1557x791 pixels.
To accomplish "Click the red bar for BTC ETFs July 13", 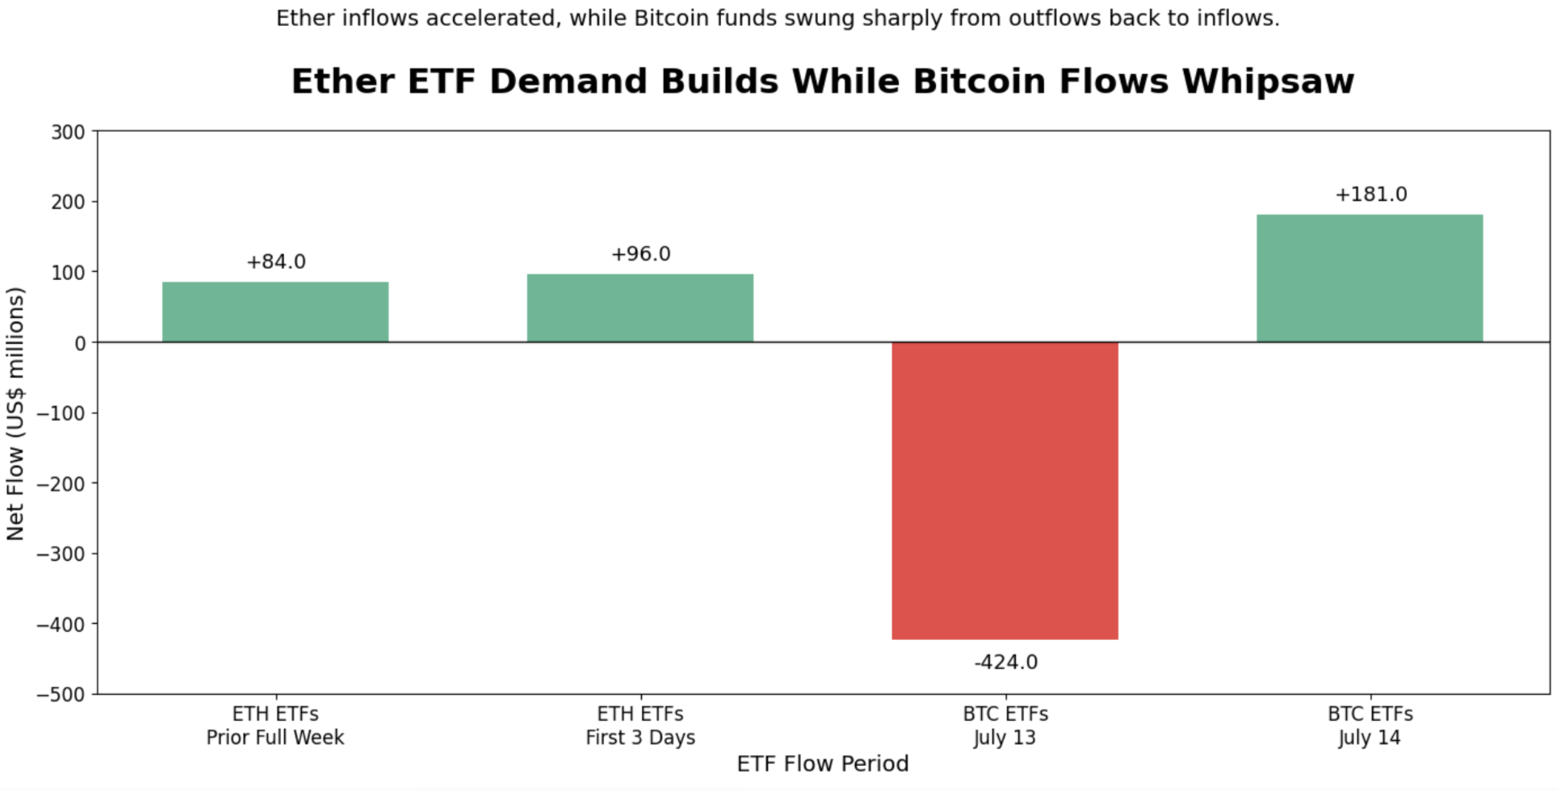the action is click(x=1005, y=491).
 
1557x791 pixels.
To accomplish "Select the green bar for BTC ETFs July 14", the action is click(x=1370, y=278).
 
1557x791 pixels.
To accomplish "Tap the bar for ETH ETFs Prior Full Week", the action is click(x=275, y=312).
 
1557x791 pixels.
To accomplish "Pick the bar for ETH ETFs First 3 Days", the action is click(x=640, y=308).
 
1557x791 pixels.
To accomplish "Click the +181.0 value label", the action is click(x=1370, y=195).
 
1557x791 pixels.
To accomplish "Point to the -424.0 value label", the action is click(x=1005, y=663).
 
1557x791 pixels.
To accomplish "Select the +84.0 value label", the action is click(x=276, y=262).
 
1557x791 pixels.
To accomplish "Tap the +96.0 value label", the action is click(x=641, y=254).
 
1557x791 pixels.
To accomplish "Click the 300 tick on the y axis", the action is click(x=68, y=132).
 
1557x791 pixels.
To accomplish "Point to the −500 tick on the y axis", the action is click(x=61, y=695).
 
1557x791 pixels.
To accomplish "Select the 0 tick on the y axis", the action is click(x=80, y=344).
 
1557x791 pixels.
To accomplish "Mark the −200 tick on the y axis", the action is click(x=61, y=484).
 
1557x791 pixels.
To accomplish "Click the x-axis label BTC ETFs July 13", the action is click(x=1005, y=726).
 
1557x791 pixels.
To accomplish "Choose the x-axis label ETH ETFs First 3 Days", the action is click(x=640, y=726).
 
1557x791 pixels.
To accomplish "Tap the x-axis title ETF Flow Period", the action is click(x=823, y=764).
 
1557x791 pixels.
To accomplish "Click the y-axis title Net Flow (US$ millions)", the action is click(x=15, y=413).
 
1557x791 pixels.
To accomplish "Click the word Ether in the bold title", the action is click(x=343, y=82).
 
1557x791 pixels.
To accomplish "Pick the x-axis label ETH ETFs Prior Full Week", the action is click(x=275, y=726).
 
